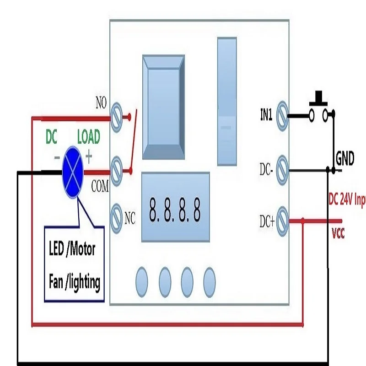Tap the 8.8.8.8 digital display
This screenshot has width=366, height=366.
coord(175,211)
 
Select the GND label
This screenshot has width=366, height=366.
coord(345,159)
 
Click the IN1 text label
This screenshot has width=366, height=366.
coord(266,116)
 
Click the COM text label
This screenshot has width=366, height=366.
coord(100,187)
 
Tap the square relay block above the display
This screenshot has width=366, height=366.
coord(163,107)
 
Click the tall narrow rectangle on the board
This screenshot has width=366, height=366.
coord(227,101)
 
